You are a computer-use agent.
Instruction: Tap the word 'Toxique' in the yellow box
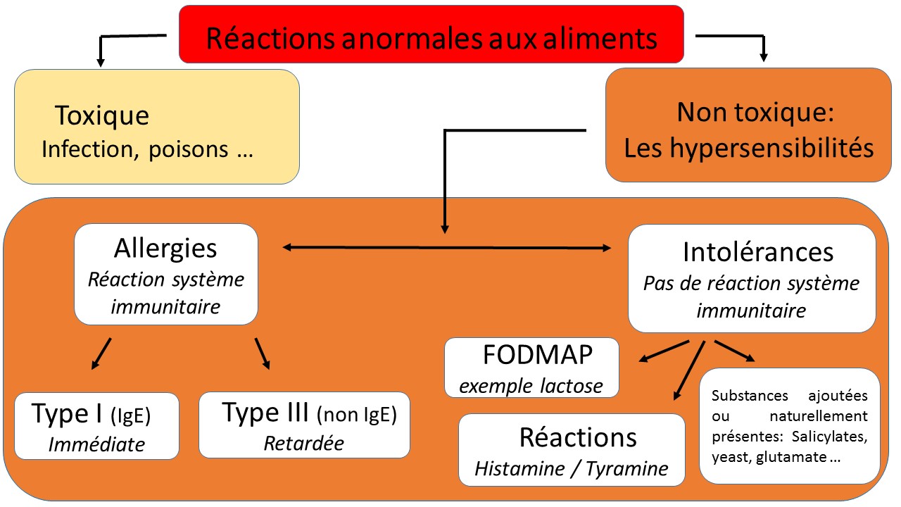(102, 115)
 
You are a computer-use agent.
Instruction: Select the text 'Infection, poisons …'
(146, 149)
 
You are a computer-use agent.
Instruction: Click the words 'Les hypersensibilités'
(749, 148)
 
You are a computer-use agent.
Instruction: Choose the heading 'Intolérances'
(757, 251)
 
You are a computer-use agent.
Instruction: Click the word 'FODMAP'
(538, 356)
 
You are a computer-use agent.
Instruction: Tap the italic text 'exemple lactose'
(531, 385)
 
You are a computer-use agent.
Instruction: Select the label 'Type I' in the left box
(68, 414)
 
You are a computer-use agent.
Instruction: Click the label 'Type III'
(265, 413)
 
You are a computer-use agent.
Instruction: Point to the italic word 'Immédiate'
(96, 444)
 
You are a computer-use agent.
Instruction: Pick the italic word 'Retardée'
(303, 443)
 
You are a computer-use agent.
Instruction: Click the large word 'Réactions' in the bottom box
(578, 437)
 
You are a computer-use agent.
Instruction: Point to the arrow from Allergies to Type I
(101, 353)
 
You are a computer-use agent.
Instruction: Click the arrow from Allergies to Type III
(263, 353)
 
